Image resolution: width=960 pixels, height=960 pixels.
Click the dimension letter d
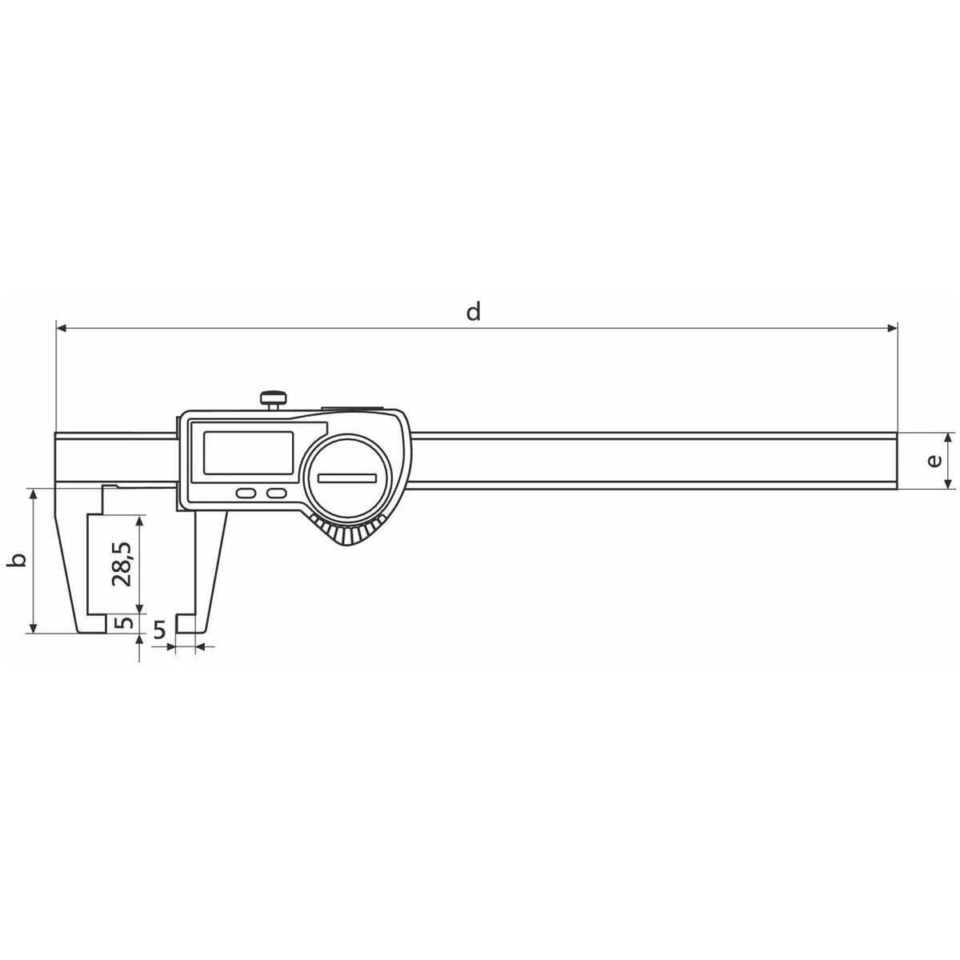coord(474,312)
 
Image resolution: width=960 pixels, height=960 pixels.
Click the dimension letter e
coord(934,461)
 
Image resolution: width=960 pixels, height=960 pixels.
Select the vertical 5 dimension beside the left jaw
coord(126,622)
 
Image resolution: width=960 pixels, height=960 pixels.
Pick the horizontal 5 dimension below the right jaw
coord(159,630)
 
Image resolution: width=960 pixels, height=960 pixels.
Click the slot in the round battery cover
coord(348,478)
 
